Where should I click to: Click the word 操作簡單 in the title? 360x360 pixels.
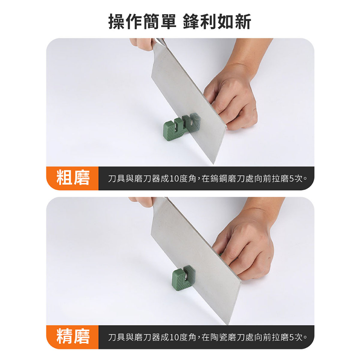[x=142, y=21]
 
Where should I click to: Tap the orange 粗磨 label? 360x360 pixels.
[x=73, y=178]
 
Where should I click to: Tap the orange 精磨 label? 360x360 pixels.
[x=73, y=337]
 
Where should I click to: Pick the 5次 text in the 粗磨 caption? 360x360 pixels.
[x=296, y=178]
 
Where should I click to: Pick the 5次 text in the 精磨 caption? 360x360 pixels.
[x=296, y=337]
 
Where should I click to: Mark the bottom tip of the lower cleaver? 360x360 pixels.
[x=228, y=324]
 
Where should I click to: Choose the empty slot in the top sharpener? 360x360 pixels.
[x=176, y=126]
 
